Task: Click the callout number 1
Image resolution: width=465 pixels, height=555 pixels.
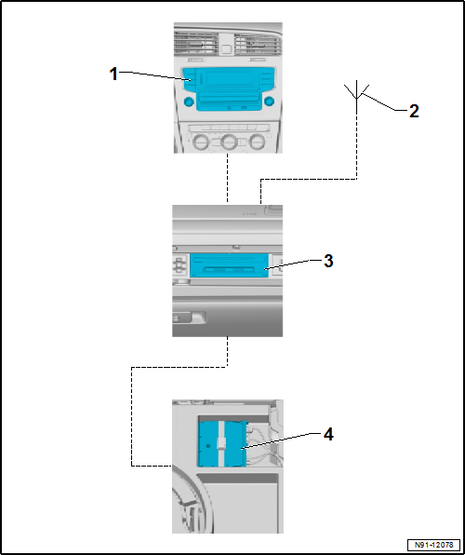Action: point(113,74)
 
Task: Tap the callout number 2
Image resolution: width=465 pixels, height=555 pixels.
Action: point(414,111)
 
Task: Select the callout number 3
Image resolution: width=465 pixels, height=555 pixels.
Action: point(328,262)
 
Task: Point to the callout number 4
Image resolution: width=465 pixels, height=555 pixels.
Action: point(328,434)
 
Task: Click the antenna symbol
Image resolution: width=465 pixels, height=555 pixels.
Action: point(356,94)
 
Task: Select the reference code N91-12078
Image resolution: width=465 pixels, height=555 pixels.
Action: point(434,545)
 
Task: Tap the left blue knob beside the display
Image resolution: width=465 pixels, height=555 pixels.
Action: point(189,102)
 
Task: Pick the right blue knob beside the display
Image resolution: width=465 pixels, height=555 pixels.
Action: point(269,102)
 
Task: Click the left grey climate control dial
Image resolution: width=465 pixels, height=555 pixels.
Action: point(201,142)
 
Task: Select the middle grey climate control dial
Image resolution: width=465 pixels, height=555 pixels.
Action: point(229,142)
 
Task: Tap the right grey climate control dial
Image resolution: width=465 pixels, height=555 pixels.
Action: point(257,142)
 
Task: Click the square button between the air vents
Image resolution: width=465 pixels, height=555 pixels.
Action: point(227,48)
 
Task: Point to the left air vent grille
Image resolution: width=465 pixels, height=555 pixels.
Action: point(195,44)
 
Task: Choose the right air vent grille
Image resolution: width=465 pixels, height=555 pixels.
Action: point(259,44)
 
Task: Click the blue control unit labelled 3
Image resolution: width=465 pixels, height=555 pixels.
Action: point(229,265)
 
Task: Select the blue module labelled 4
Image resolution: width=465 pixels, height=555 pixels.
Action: point(222,443)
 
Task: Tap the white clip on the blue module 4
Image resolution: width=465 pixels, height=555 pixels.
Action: point(221,443)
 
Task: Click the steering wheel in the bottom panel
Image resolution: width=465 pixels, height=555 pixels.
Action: point(191,499)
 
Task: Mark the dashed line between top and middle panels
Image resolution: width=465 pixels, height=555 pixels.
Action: point(227,178)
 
